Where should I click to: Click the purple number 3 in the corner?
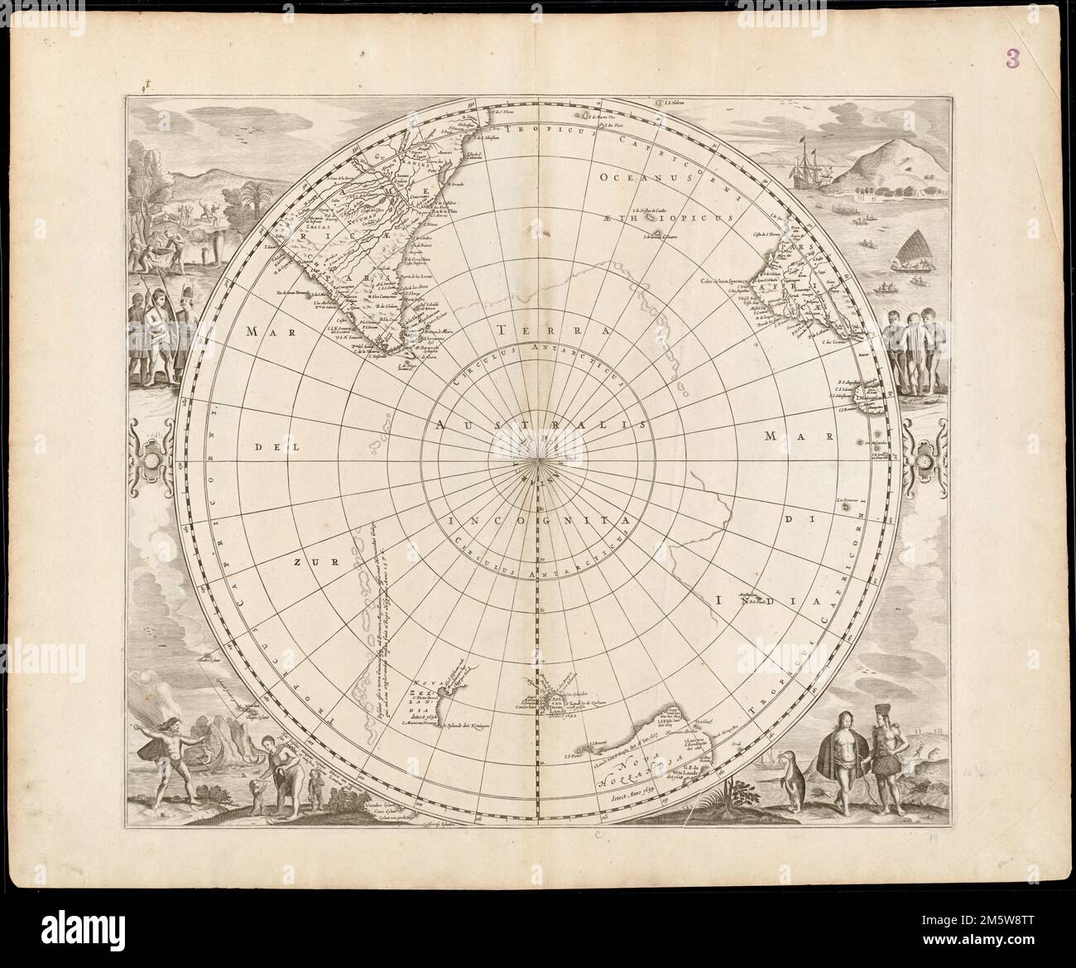(x=1012, y=57)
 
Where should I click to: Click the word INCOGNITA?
(x=540, y=521)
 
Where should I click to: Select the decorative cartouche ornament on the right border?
(x=925, y=455)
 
